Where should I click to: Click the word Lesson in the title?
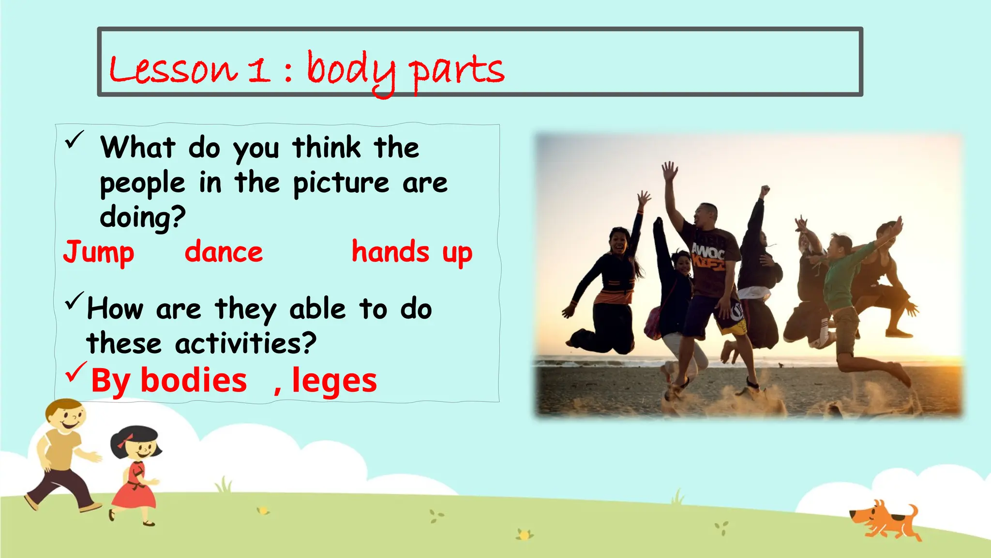(x=173, y=69)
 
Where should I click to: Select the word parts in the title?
(x=456, y=71)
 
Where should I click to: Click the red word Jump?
(x=99, y=253)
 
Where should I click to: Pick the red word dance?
(x=224, y=252)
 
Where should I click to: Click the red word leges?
(x=334, y=381)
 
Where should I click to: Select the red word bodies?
(x=194, y=380)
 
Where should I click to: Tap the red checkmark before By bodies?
(x=76, y=372)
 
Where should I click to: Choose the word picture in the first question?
(x=341, y=183)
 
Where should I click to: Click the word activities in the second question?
(x=246, y=343)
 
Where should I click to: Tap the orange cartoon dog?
(x=886, y=521)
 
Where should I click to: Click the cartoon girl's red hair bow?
(x=128, y=439)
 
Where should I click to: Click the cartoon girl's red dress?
(x=134, y=487)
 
